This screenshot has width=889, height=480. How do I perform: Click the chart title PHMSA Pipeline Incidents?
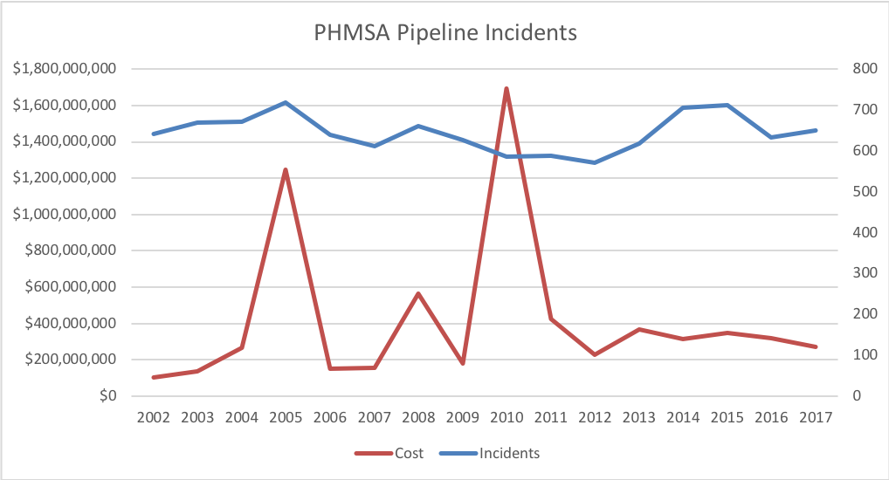(x=444, y=33)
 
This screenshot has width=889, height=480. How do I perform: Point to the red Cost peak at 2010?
(x=507, y=89)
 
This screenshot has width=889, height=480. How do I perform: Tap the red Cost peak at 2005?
(x=286, y=170)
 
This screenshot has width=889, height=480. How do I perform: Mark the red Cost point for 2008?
(x=418, y=294)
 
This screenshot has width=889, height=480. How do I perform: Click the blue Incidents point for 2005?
(x=286, y=103)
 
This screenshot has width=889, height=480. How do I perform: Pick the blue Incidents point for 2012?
(x=595, y=162)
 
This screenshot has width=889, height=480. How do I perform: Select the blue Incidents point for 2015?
(x=727, y=105)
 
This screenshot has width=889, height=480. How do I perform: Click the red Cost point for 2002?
(x=154, y=377)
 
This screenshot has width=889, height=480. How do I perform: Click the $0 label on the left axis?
(x=108, y=396)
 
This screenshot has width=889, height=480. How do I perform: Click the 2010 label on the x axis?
(x=507, y=418)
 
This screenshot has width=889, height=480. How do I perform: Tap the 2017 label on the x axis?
(x=815, y=418)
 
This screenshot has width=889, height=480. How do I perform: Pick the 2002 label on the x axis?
(x=154, y=418)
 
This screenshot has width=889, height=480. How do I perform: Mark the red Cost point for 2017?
(x=815, y=346)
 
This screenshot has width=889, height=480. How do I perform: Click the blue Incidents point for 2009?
(x=462, y=140)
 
